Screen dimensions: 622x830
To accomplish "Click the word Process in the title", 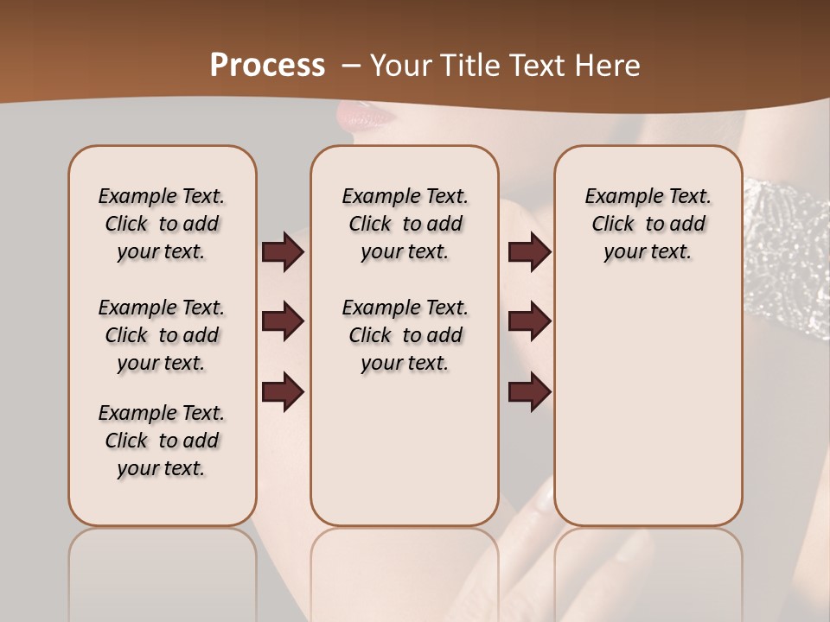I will [x=267, y=66].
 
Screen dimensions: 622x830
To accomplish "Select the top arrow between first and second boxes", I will [x=283, y=252].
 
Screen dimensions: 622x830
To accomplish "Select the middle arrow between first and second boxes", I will [x=283, y=322].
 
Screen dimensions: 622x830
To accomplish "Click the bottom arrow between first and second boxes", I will [x=283, y=391].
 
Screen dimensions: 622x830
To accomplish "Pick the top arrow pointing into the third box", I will [x=529, y=252].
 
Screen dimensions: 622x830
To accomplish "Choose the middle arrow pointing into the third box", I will [x=529, y=322].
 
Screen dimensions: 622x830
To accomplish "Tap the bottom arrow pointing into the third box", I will [x=529, y=391].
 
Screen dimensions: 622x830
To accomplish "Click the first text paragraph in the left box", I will [x=162, y=224].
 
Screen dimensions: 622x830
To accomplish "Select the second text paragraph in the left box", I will [x=162, y=335].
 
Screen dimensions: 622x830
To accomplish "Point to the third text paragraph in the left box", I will [x=162, y=441].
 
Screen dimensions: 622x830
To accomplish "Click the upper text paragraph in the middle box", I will [x=405, y=224].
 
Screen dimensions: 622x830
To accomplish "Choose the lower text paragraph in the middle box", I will [x=405, y=335].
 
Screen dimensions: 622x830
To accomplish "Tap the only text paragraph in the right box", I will [x=648, y=224].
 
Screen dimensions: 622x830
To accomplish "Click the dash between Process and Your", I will [x=351, y=67].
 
